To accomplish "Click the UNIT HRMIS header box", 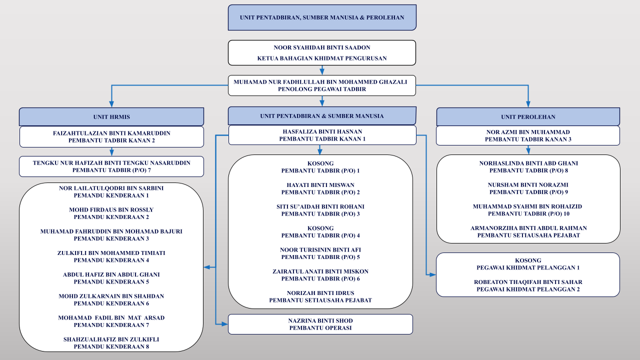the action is tap(111, 116).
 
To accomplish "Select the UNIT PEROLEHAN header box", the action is tap(528, 116).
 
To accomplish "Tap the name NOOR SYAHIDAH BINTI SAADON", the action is tap(322, 47).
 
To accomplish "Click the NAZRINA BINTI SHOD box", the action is tap(320, 324).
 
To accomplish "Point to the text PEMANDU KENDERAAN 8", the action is tap(111, 346).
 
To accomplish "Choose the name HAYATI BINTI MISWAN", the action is tap(320, 185).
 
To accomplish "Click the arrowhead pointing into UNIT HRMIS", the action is tap(111, 104).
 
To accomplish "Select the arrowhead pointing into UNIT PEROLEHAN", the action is tap(528, 104).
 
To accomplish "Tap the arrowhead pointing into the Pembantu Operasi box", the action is tap(224, 324).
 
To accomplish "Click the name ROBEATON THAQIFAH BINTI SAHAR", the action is tap(528, 282).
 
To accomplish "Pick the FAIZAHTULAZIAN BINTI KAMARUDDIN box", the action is tap(111, 137).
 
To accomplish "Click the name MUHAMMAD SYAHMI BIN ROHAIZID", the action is tap(527, 206).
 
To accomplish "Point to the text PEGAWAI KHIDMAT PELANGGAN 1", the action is tap(528, 267).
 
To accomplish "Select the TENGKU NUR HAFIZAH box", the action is tap(111, 166).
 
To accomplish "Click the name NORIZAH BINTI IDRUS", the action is tap(320, 293).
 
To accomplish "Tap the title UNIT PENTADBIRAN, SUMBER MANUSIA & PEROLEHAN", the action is tap(322, 17).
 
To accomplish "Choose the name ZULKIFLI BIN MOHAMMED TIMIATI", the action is tap(111, 253).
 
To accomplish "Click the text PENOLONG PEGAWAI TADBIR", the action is tap(322, 89).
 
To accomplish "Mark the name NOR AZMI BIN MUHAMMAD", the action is tap(528, 132).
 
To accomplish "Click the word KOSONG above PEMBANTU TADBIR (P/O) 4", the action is tap(320, 228).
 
